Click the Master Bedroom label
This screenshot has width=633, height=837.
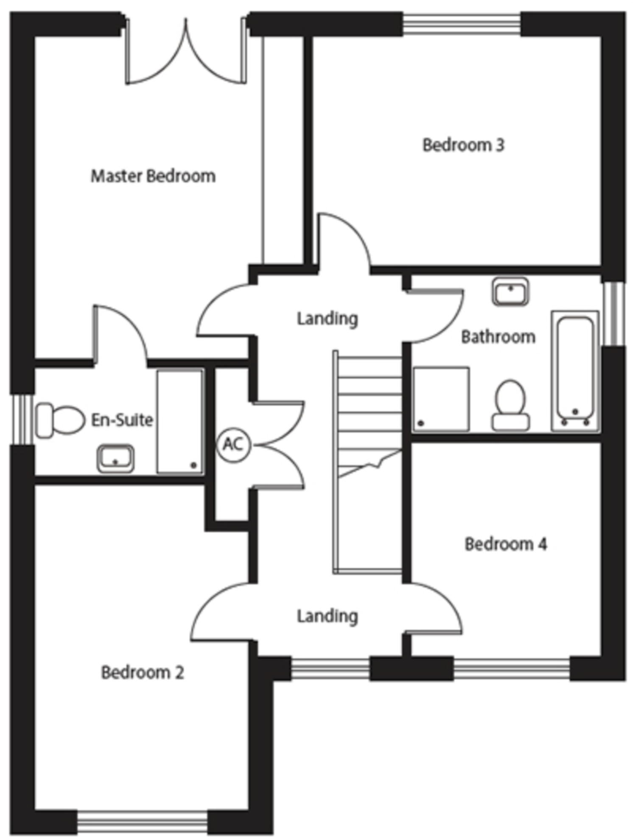[153, 176]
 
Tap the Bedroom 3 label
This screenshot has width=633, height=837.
[463, 145]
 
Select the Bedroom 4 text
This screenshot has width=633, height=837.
[506, 544]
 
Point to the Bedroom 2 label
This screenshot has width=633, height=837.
[143, 672]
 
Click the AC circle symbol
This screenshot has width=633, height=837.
[233, 445]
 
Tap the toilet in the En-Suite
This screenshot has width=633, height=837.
[59, 420]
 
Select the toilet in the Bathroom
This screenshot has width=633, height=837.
[510, 405]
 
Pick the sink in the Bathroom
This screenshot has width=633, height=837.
[510, 292]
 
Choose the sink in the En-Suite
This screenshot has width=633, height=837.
[115, 458]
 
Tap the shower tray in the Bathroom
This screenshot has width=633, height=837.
[441, 399]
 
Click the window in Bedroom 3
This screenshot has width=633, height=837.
[462, 24]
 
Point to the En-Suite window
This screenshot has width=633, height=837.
[22, 420]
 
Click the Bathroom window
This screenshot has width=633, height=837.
[613, 314]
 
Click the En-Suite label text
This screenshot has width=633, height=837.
[122, 420]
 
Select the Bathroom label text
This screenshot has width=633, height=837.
[498, 337]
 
